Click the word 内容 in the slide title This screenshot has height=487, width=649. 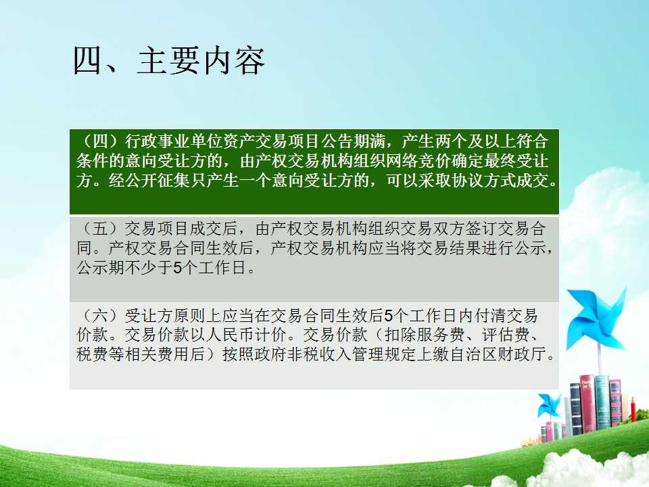click(x=232, y=61)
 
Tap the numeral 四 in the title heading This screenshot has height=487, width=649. click(x=88, y=61)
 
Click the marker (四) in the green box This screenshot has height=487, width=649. click(x=101, y=141)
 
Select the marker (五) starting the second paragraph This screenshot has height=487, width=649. click(x=101, y=228)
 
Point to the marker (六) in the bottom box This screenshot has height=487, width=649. click(x=101, y=316)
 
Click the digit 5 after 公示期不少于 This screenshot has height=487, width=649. click(x=178, y=268)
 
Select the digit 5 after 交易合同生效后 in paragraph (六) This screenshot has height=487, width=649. click(x=388, y=316)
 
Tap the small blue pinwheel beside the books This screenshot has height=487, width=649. click(x=549, y=406)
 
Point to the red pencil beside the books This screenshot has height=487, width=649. click(x=633, y=409)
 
